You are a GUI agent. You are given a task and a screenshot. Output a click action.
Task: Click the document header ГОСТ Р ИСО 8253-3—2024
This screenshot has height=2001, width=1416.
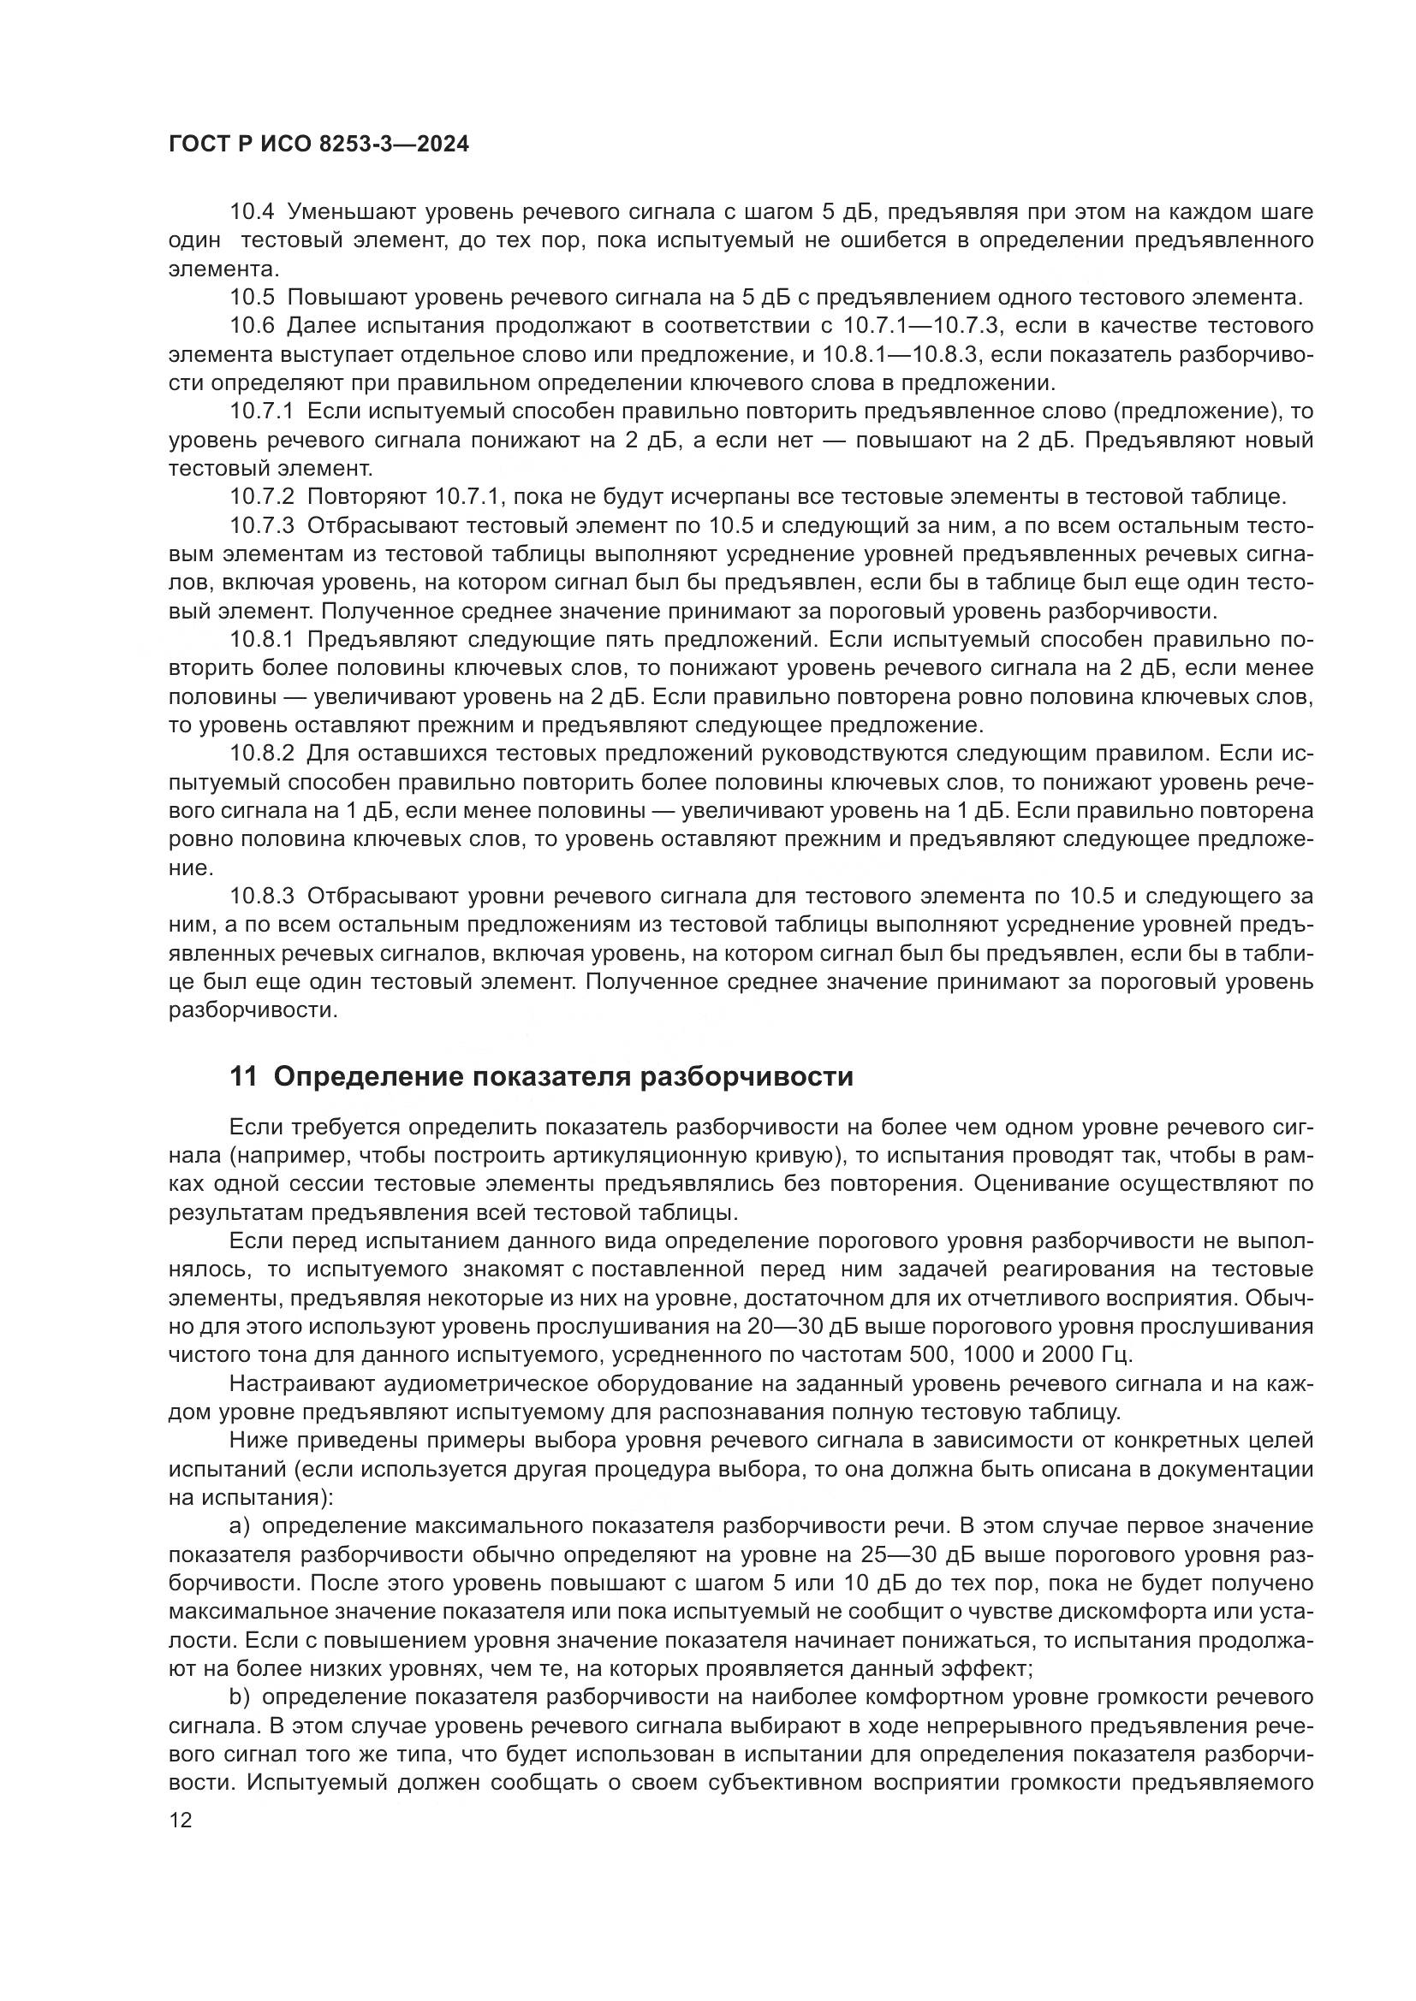pos(318,144)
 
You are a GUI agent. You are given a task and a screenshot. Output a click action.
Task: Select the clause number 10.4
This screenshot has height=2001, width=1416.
pos(252,212)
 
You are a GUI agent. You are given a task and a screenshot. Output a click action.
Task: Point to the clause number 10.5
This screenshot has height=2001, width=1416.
pos(252,297)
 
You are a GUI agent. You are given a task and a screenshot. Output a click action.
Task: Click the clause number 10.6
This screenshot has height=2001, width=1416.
pos(252,326)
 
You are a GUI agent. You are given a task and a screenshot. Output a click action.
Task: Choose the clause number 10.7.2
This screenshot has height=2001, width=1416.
pos(262,497)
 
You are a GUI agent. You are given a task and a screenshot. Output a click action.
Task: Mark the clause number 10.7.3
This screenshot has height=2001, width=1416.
pos(262,525)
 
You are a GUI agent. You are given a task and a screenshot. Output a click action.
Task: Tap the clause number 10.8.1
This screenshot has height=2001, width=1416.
pos(262,640)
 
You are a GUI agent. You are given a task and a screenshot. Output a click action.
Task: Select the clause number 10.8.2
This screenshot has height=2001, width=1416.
pos(262,753)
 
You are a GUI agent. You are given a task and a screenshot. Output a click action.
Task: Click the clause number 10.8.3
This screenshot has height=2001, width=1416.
pos(262,896)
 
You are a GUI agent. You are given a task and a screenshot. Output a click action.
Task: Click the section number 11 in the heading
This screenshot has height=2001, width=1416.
pos(243,1077)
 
